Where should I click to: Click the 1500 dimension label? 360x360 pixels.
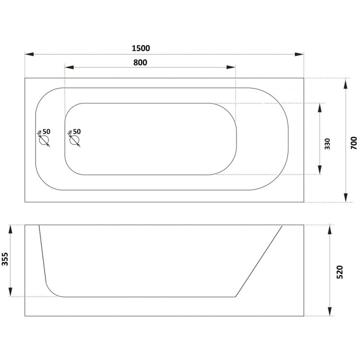141,48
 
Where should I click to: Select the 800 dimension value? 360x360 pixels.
140,63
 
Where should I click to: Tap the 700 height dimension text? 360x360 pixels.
354,143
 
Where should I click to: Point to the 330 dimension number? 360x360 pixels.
327,144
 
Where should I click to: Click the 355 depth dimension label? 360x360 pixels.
5,259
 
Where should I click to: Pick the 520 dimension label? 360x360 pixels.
340,272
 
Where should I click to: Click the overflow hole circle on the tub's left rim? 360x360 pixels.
44,140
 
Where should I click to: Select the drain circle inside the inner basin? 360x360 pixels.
74,140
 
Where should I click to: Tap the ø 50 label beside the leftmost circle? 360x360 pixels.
44,131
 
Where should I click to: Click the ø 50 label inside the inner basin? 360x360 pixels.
75,131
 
